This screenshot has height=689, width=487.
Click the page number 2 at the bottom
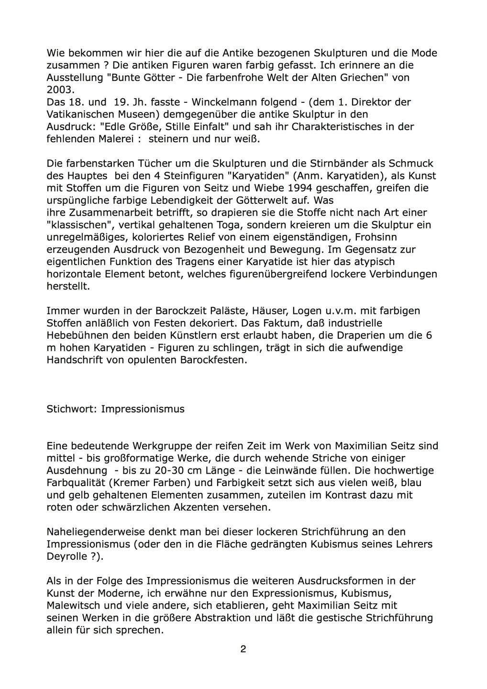tap(243, 649)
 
